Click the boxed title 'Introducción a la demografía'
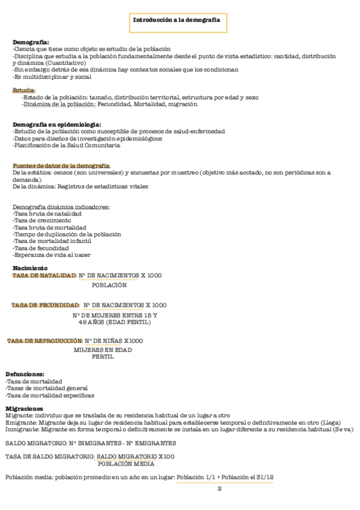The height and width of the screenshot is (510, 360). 176,20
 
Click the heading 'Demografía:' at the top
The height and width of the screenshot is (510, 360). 31,41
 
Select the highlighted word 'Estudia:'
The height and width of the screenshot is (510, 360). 24,90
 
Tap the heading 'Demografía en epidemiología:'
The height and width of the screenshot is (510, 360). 56,124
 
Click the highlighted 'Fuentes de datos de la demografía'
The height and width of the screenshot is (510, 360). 61,165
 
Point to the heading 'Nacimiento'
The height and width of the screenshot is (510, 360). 30,268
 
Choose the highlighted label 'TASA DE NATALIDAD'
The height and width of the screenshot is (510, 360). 44,275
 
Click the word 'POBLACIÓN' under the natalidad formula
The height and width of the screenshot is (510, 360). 109,285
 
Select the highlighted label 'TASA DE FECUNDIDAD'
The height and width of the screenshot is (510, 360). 46,305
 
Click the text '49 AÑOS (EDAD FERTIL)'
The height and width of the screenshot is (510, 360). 115,322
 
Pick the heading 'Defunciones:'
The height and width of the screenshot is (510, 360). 25,374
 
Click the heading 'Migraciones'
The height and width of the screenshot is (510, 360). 25,408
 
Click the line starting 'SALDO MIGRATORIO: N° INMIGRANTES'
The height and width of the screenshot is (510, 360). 90,443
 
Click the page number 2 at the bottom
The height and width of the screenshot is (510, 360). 219,488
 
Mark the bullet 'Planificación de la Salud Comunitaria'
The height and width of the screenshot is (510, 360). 66,145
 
